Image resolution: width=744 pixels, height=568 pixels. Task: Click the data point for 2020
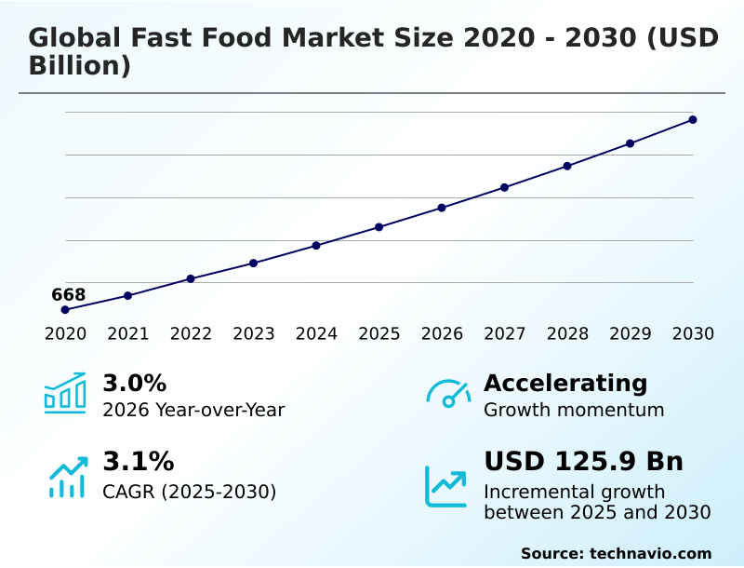(65, 309)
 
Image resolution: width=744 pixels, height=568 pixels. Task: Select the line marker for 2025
(379, 227)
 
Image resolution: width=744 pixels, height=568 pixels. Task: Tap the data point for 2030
(693, 119)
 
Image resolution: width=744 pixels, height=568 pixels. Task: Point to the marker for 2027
(505, 187)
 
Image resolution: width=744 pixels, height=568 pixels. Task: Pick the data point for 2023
(254, 263)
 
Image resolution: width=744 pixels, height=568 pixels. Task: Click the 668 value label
(69, 295)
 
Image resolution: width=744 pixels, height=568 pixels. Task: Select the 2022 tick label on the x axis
(191, 334)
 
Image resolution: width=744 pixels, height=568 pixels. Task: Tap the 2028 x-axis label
(567, 334)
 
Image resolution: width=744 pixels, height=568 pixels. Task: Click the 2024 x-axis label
(316, 334)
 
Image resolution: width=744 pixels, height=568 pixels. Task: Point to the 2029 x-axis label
(631, 334)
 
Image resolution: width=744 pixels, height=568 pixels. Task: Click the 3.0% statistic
(134, 383)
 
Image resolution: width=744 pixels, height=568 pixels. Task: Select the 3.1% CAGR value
(138, 462)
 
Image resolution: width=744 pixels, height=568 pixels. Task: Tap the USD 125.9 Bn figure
(583, 462)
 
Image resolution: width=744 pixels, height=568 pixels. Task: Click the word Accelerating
(565, 383)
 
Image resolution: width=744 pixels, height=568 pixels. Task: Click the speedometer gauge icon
(448, 393)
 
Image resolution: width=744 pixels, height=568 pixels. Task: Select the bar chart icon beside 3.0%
(65, 393)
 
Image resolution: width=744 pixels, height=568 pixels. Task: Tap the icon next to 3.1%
(67, 477)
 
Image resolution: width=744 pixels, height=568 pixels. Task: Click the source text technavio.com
(650, 553)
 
